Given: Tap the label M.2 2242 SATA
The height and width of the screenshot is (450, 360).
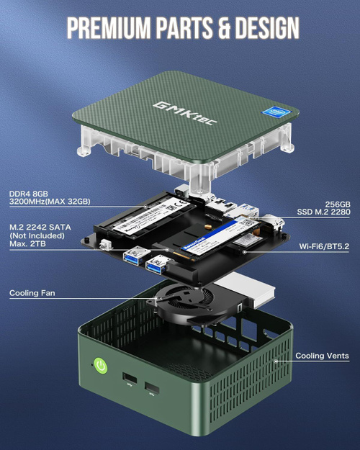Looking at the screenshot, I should pyautogui.click(x=40, y=228).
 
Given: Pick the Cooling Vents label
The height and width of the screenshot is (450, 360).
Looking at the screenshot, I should pyautogui.click(x=322, y=356).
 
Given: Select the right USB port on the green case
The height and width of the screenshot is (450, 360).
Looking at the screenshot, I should pyautogui.click(x=152, y=390).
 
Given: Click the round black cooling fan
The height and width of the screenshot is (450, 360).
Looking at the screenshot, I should pyautogui.click(x=176, y=295).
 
